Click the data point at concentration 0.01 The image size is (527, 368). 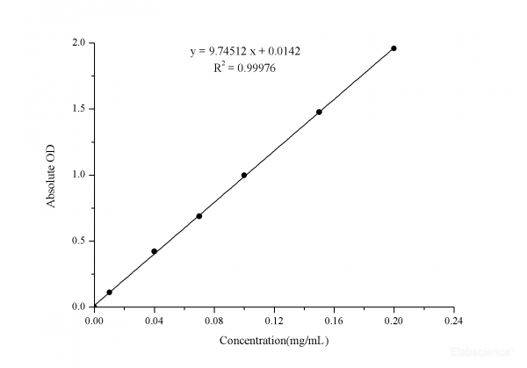(x=110, y=292)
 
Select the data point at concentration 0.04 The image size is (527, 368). (x=155, y=251)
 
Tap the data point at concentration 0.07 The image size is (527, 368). (x=199, y=216)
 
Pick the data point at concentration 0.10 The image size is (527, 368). (x=244, y=175)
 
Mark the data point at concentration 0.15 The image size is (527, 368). (x=319, y=112)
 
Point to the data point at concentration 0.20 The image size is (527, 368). (x=393, y=48)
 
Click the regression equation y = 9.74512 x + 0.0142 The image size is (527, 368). (x=246, y=51)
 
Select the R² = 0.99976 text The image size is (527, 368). (x=246, y=69)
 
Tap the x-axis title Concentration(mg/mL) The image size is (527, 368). (x=274, y=340)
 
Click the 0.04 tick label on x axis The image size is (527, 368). (x=155, y=321)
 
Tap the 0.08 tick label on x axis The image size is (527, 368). (x=214, y=321)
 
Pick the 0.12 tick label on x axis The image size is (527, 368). (x=274, y=321)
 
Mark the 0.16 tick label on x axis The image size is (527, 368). (x=334, y=321)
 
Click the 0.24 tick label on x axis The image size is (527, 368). (x=453, y=321)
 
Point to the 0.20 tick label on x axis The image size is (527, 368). (x=393, y=321)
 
